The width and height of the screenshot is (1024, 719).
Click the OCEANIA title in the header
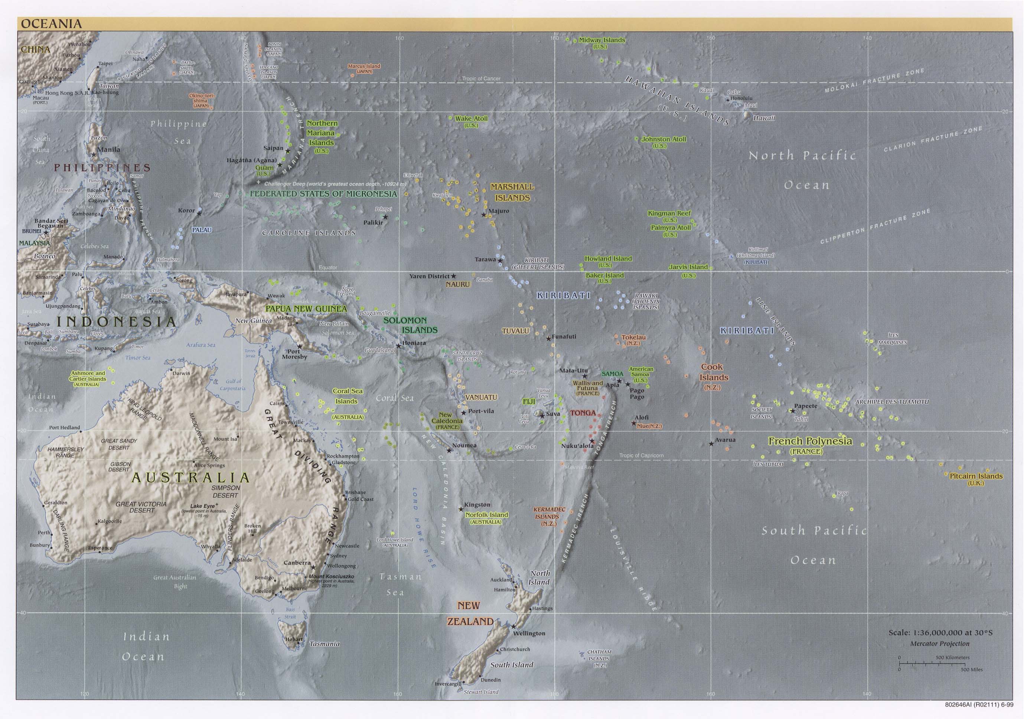51,24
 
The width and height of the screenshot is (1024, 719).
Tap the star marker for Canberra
313,567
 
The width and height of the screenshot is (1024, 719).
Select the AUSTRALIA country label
190,478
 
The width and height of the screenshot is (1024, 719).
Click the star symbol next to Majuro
483,215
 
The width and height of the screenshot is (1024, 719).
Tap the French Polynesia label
809,441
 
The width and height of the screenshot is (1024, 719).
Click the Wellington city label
529,633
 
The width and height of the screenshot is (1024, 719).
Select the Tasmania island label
324,644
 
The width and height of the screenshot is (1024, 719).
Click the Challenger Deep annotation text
335,184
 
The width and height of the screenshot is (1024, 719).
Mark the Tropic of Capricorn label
641,455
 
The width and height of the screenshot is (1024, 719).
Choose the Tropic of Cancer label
481,78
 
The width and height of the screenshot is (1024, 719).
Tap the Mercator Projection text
940,644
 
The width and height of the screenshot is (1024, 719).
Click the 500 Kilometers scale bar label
952,657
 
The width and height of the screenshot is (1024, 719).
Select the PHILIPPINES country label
102,168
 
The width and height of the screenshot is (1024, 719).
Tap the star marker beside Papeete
792,411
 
